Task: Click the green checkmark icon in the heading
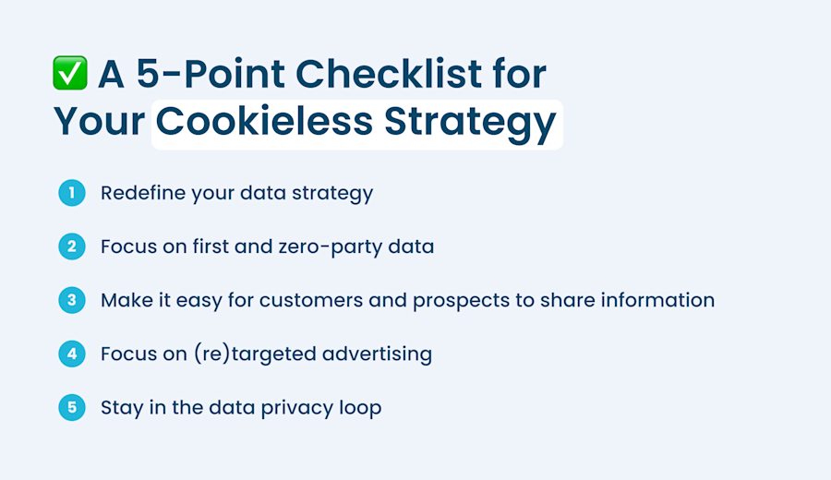click(x=70, y=73)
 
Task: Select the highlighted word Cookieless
click(x=264, y=121)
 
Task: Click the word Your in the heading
click(x=99, y=121)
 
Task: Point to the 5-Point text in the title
click(x=211, y=74)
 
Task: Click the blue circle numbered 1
click(x=72, y=193)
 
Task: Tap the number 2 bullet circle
click(x=72, y=246)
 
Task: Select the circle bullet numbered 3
click(x=72, y=300)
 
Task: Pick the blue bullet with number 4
click(x=72, y=354)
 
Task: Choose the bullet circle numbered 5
click(x=72, y=407)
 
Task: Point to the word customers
click(x=311, y=300)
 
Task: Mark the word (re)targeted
click(x=255, y=354)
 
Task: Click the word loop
click(x=360, y=409)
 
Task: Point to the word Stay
click(x=122, y=408)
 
